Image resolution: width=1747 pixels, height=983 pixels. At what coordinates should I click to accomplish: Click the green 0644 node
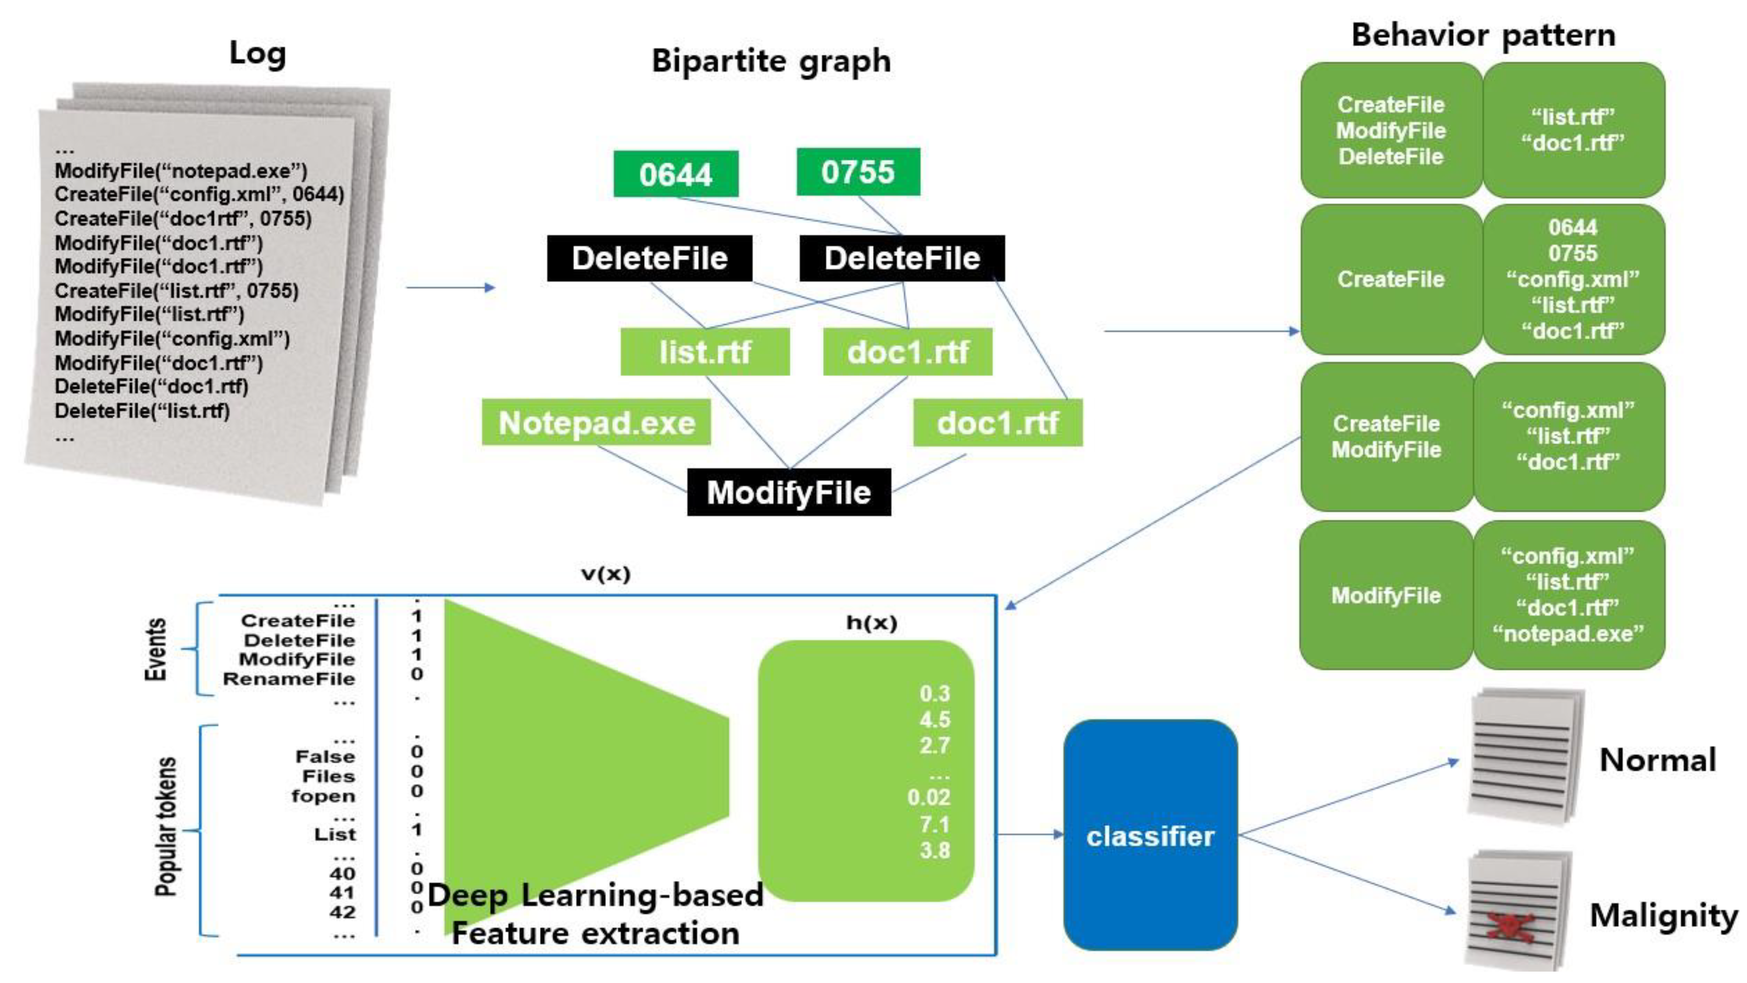pos(675,174)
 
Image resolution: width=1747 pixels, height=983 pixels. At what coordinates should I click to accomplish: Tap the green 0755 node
pos(858,172)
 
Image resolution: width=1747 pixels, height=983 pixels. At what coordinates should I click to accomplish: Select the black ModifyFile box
pos(789,492)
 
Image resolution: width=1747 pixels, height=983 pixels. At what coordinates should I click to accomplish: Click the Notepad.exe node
pos(597,423)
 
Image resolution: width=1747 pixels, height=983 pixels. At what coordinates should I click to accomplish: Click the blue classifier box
pos(1150,836)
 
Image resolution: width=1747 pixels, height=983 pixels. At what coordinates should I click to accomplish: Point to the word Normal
pos(1657,760)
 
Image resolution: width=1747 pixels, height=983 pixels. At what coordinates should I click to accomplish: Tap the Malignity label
pos(1663,916)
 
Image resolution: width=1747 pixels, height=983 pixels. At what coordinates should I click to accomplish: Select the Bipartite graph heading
pos(771,61)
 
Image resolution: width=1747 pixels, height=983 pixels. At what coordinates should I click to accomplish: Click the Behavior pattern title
pos(1483,35)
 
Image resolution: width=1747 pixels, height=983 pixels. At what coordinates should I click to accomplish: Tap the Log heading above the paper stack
pos(257,54)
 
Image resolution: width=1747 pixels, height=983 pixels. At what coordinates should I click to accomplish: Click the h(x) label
pos(871,622)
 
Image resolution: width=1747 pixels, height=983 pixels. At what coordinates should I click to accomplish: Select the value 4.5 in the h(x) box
pos(934,719)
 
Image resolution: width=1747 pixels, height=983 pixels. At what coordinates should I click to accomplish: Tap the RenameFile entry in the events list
pos(289,679)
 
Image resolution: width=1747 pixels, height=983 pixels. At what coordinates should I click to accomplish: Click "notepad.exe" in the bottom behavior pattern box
pos(1568,634)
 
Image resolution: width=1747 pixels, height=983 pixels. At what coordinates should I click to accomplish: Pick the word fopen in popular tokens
pos(323,796)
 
